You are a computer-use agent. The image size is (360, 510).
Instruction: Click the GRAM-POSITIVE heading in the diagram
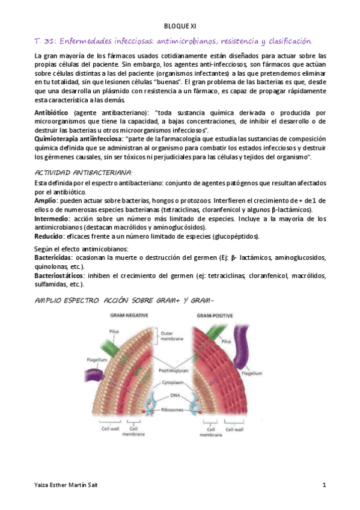(x=217, y=315)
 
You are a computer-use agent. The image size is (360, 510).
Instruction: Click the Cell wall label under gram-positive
(x=233, y=429)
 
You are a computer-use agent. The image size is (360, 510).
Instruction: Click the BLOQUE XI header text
(x=180, y=26)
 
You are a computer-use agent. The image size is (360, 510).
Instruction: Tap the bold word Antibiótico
(x=53, y=113)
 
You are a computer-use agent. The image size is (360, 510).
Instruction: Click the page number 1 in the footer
(x=324, y=485)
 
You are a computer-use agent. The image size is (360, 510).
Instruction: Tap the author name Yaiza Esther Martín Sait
(x=67, y=485)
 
